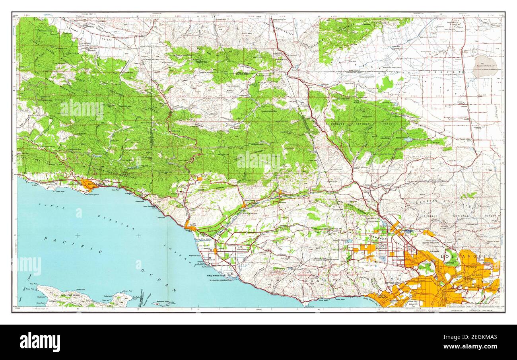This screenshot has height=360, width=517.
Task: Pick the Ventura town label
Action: pos(192,224)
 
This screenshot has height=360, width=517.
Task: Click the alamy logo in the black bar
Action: pos(40,342)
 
